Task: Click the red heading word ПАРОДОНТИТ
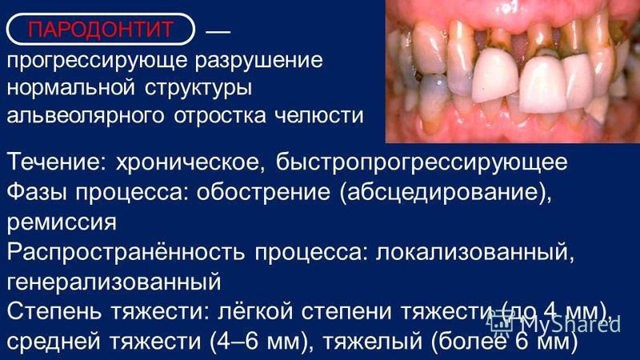tap(100, 30)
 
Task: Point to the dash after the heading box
tap(218, 31)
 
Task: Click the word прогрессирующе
tap(97, 62)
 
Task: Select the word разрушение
tap(258, 62)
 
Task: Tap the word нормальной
tap(70, 88)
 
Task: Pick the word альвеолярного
tap(86, 116)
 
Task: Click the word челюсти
tap(318, 116)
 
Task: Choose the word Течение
tap(56, 162)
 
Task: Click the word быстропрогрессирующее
tap(422, 162)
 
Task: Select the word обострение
tap(263, 193)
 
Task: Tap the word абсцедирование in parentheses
tap(441, 193)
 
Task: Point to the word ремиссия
tap(62, 223)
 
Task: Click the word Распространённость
tap(126, 252)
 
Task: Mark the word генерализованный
tap(114, 282)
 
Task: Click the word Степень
tap(55, 312)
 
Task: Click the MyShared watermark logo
tap(554, 324)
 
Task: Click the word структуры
tap(198, 89)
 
